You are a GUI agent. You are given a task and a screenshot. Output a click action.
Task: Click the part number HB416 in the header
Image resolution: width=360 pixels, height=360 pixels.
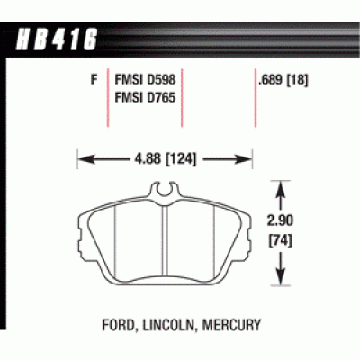coord(56,40)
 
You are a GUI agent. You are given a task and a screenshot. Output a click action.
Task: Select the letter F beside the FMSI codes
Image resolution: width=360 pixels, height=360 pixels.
coord(94,80)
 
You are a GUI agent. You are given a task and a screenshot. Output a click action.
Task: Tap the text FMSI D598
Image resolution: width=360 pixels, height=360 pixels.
coord(145,80)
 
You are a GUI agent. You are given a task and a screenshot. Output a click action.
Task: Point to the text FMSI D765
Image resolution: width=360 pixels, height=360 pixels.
coord(145,98)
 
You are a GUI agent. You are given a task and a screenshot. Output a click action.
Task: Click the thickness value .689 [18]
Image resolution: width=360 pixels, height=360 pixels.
coord(283,80)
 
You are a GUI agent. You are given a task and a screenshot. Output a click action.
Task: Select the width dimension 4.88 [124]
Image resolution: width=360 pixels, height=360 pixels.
coord(166,159)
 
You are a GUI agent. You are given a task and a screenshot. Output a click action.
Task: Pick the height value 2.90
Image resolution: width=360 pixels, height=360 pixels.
coord(280,220)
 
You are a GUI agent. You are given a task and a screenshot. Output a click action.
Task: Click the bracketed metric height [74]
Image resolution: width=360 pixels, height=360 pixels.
coord(280,241)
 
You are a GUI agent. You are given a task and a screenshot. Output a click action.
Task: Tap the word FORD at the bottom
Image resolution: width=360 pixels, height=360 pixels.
coord(119,325)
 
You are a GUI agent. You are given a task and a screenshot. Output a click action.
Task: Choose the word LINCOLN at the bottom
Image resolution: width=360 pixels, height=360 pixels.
coord(169,325)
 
